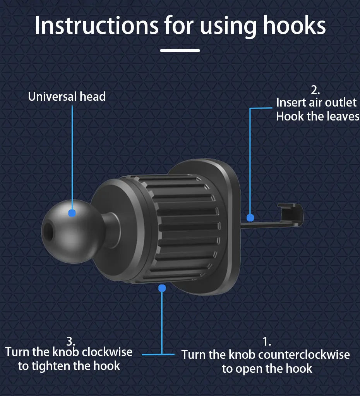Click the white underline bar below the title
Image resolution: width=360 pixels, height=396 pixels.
(x=180, y=50)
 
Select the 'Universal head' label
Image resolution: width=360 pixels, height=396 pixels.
(x=67, y=96)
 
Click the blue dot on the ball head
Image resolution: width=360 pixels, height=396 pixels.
(x=72, y=213)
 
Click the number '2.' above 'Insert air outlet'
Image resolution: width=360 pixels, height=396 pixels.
(x=315, y=90)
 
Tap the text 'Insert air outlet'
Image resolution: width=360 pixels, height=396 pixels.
(x=316, y=103)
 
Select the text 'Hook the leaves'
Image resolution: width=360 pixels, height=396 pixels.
(x=317, y=116)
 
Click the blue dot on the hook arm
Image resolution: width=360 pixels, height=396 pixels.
(x=250, y=217)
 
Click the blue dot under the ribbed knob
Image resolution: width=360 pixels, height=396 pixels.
(x=162, y=288)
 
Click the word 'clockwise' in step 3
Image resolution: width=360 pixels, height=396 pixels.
(x=107, y=352)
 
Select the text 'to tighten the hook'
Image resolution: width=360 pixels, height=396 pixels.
(x=69, y=365)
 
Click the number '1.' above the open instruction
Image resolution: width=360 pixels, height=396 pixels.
(x=267, y=342)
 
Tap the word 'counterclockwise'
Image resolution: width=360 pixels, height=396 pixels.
(x=303, y=355)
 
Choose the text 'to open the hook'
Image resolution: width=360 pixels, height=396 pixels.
(x=267, y=368)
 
